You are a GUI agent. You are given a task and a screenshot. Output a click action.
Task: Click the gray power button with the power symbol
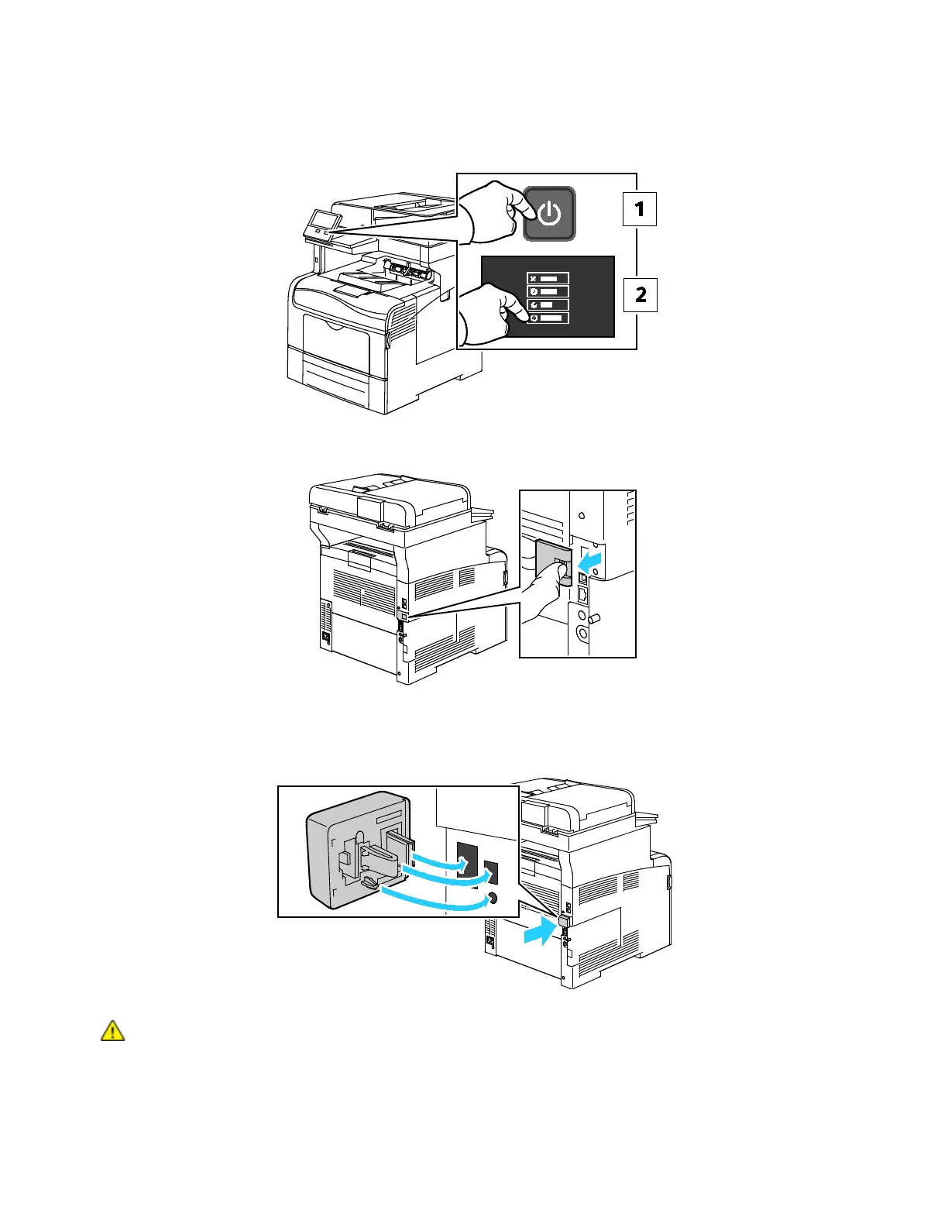[549, 213]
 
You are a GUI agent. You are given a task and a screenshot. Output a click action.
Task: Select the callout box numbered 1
[640, 209]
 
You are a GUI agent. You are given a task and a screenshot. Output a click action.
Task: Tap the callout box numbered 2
[641, 295]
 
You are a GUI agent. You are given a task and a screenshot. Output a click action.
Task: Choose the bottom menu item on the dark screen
[548, 318]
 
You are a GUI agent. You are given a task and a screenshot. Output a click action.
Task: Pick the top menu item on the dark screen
[548, 278]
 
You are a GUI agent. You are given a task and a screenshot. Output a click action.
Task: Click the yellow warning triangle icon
[112, 1031]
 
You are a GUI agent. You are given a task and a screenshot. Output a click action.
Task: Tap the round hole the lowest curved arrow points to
[490, 899]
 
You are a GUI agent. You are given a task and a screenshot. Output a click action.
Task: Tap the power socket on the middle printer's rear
[326, 638]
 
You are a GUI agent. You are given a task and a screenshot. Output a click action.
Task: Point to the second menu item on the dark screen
[548, 291]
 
